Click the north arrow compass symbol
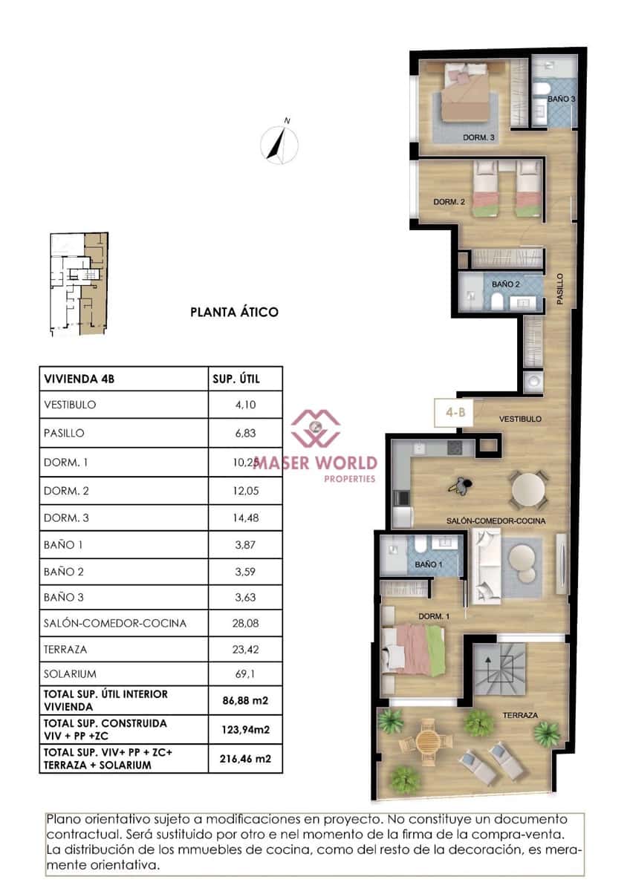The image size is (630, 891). point(280,143)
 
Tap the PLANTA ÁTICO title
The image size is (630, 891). point(234,312)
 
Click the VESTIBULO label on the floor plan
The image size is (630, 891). point(519,419)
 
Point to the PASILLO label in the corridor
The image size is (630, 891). point(560,290)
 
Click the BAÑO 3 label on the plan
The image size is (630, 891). point(561,98)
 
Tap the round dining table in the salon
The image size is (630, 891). point(529,488)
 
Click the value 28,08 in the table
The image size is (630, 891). point(246,623)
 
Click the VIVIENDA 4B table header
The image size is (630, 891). point(81,379)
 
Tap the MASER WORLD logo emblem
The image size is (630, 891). point(315,427)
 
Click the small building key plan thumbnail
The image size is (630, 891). point(78,284)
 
